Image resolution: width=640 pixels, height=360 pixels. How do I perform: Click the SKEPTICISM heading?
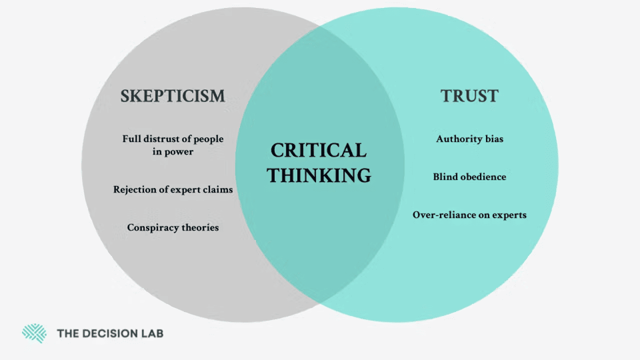tap(172, 96)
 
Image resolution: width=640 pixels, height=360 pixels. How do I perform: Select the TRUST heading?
tap(469, 96)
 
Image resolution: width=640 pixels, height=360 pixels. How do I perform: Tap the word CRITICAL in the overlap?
tap(318, 150)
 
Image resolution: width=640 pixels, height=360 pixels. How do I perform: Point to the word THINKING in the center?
tap(318, 175)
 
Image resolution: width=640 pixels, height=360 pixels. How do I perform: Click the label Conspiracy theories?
tap(172, 227)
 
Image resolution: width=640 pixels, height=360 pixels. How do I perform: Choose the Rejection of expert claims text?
tap(172, 189)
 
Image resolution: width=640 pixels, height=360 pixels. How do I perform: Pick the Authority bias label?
tap(469, 139)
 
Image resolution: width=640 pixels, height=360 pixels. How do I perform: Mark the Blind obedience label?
tap(469, 177)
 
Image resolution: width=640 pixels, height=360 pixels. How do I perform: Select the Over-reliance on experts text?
tap(469, 215)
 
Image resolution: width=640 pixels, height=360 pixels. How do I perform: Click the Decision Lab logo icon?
tap(34, 333)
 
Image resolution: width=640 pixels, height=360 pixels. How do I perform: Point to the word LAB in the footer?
tap(153, 333)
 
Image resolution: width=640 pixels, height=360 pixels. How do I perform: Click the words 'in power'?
tap(172, 151)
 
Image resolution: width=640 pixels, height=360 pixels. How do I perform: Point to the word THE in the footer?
tap(67, 333)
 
